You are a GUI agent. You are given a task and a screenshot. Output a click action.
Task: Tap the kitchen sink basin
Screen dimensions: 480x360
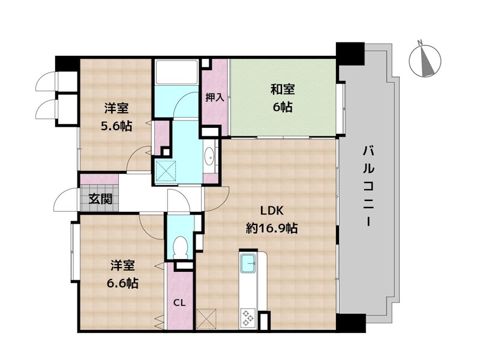pos(248,263)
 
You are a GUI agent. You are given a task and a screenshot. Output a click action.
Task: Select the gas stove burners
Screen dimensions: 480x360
pos(247,318)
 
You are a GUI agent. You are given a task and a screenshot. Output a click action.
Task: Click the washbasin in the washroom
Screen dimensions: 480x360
pos(210,155)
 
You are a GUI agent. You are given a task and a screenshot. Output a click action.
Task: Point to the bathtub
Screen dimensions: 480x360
pos(176,72)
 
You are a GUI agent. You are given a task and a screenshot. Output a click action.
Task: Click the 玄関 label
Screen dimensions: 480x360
pos(100,199)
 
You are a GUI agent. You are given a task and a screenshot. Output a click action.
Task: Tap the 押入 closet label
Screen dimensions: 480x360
pos(215,98)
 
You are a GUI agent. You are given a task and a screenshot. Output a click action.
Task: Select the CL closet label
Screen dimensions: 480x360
pos(179,303)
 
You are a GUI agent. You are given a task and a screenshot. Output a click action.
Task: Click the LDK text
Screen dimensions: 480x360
pos(272,211)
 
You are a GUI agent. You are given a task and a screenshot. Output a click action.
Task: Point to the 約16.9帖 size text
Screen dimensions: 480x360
pos(272,228)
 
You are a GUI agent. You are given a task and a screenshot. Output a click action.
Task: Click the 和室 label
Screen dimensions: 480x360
pos(282,89)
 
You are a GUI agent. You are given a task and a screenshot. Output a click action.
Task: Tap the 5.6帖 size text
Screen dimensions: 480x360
pos(116,126)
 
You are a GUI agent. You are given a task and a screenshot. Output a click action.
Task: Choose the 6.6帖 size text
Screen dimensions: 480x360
pos(122,283)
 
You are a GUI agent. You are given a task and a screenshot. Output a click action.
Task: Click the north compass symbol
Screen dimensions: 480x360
pos(425,61)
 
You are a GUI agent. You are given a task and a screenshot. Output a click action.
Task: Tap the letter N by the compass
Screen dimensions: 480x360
pos(421,42)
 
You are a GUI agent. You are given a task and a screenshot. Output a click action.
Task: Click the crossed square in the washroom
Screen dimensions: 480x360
pos(166,172)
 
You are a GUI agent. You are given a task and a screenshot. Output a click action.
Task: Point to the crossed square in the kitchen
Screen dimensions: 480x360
pos(206,319)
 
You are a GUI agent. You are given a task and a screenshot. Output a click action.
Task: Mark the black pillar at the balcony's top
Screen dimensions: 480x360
pos(350,53)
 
